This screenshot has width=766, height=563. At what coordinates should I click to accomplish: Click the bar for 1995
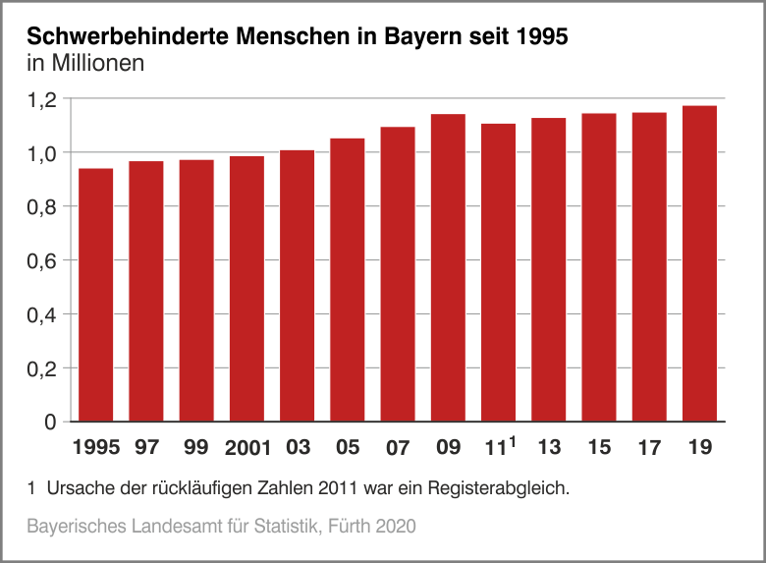(96, 295)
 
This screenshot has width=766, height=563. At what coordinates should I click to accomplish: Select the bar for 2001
(246, 289)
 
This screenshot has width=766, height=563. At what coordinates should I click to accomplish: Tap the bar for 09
(448, 267)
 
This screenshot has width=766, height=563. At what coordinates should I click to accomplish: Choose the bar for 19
(699, 263)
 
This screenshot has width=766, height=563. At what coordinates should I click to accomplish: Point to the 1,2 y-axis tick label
(43, 99)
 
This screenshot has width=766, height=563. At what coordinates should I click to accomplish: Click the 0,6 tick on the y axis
(43, 260)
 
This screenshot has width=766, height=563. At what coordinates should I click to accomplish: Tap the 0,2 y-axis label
(43, 368)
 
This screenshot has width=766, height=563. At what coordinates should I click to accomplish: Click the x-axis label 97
(146, 448)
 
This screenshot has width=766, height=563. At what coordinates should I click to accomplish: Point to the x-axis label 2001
(247, 449)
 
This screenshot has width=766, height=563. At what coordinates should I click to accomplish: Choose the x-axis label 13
(549, 448)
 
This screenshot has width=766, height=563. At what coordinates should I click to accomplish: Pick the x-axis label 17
(649, 448)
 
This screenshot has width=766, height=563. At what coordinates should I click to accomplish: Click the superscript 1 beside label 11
(513, 442)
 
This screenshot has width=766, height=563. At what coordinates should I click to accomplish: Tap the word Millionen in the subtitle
(99, 65)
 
